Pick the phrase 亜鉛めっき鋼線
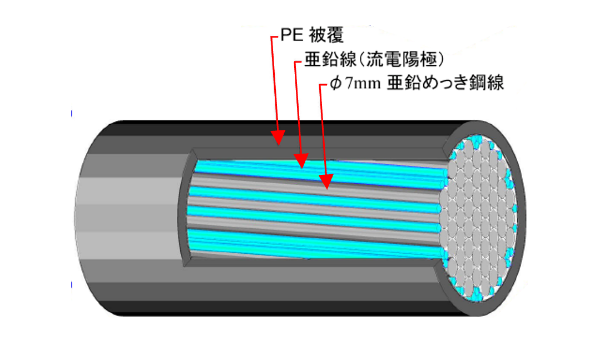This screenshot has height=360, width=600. tap(450, 86)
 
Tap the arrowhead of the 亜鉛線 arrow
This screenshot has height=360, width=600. tap(302, 161)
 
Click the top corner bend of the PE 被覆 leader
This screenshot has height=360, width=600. tap(271, 38)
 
